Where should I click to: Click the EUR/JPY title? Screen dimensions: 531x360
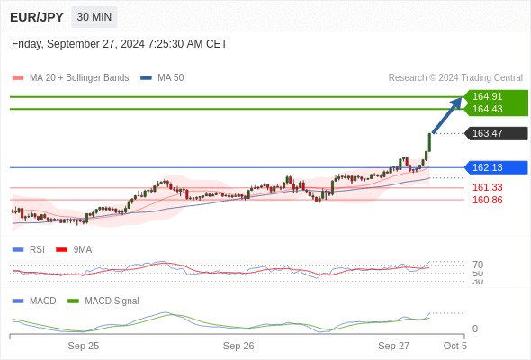coord(37,17)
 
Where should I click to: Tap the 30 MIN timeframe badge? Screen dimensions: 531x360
coord(94,17)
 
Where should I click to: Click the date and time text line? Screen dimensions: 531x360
coord(120,44)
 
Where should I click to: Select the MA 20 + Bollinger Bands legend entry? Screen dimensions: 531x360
coord(70,78)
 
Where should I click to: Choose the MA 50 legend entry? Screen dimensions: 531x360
coord(162,78)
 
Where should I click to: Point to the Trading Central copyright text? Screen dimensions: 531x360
coord(455,78)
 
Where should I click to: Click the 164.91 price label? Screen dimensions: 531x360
coord(487,96)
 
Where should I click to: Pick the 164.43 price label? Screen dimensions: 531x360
coord(487,109)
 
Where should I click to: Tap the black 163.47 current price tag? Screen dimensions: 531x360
coord(496,133)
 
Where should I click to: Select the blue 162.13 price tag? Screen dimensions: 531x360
coord(496,167)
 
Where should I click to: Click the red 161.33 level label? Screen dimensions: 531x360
coord(487,187)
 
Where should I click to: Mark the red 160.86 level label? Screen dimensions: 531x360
coord(487,200)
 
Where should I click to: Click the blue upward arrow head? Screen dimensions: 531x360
coord(457,103)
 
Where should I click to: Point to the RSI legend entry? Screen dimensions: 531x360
coord(29,249)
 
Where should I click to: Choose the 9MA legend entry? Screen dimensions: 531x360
coord(74,249)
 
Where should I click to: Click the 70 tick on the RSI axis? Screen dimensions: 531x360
coord(478,265)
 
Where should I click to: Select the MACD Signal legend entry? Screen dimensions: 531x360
coord(103,301)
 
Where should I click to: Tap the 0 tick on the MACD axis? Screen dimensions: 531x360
coord(475,328)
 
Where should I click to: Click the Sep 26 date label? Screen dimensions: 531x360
coord(238,346)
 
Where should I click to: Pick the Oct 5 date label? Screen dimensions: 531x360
coord(455,346)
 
